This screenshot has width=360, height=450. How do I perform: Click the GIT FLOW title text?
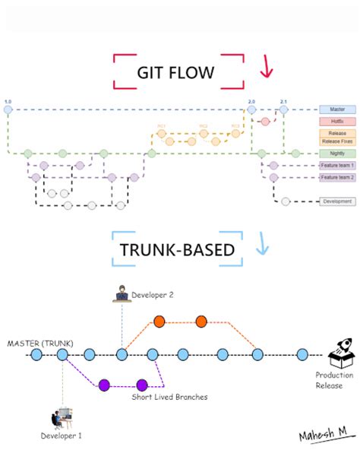click(x=176, y=72)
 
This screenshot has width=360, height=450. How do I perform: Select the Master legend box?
click(x=337, y=109)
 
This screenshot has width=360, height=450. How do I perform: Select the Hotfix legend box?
click(x=337, y=121)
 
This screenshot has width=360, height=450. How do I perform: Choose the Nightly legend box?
click(x=337, y=154)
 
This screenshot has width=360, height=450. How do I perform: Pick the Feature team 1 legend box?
click(x=337, y=166)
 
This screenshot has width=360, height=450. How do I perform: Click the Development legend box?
click(x=337, y=201)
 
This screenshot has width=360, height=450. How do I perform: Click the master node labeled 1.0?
click(x=8, y=109)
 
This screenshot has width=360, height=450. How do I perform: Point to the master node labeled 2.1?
click(x=283, y=109)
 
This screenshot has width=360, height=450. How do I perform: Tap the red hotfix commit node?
click(x=265, y=121)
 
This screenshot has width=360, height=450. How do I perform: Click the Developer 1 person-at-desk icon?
click(x=62, y=417)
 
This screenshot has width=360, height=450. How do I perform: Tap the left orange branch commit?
click(x=159, y=321)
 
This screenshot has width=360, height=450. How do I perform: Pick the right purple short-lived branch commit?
click(x=141, y=384)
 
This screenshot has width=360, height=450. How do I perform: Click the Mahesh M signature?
click(x=321, y=433)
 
